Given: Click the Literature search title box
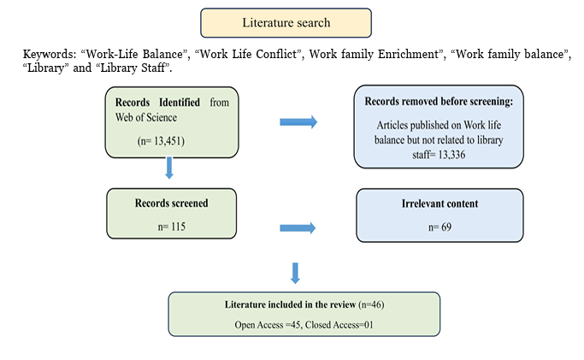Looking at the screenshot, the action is (286, 23).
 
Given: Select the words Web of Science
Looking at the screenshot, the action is (146, 118).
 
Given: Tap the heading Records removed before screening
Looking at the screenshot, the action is (439, 101).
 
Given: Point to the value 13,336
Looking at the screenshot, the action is (451, 155).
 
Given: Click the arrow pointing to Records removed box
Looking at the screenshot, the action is (298, 122).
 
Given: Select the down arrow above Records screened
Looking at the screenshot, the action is (169, 168).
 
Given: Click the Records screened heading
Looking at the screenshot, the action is (171, 204).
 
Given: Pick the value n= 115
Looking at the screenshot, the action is (171, 227).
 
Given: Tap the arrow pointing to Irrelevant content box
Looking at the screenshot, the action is (298, 227).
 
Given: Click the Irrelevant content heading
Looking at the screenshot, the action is (439, 204).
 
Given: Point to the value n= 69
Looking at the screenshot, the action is (439, 227).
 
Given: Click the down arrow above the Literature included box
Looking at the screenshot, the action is (295, 274).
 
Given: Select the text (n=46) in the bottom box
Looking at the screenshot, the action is (371, 304).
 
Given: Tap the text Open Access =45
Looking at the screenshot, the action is (268, 325).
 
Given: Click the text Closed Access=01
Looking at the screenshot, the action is (339, 325).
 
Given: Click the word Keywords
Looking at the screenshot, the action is (50, 55).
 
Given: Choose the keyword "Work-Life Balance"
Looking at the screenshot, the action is (133, 55).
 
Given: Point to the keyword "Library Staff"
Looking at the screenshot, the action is (134, 68).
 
